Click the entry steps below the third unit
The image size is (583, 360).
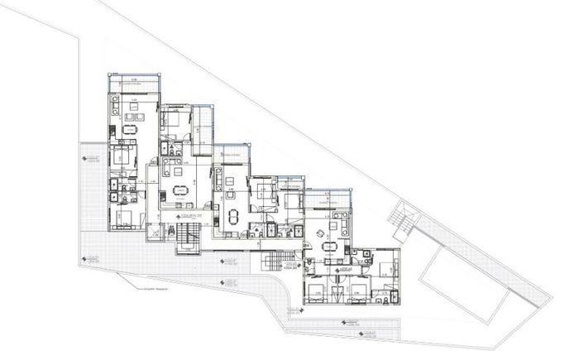pyautogui.click(x=272, y=263)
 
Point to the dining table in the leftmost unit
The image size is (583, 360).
pyautogui.click(x=128, y=131)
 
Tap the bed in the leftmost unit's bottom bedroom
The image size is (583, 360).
pyautogui.click(x=125, y=218)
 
